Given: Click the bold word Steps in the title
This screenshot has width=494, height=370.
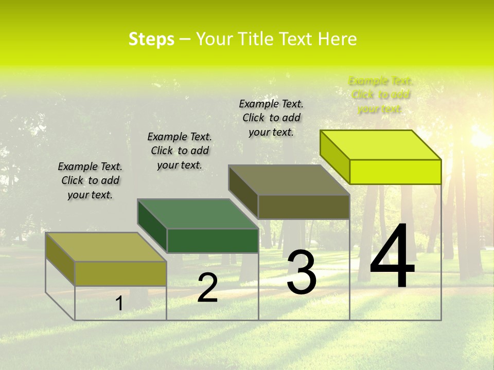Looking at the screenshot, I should click(151, 39).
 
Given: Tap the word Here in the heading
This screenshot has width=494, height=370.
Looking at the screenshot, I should click(337, 39).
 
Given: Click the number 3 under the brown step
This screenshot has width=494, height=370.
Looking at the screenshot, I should click(302, 272).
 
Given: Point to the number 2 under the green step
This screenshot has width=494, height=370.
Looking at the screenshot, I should click(207, 288).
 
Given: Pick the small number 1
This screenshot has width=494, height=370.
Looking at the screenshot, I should click(119, 303).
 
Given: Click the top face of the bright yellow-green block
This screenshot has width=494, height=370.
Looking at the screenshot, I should click(381, 144).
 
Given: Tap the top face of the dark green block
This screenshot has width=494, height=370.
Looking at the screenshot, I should click(198, 213).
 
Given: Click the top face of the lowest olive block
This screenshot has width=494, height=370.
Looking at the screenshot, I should click(106, 247).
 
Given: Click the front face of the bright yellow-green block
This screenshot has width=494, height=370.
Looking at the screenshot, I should click(395, 172).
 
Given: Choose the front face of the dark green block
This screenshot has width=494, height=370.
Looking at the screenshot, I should click(213, 240).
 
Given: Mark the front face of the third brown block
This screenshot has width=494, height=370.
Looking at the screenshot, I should click(304, 207).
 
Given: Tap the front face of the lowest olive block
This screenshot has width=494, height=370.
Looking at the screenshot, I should click(120, 273).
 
